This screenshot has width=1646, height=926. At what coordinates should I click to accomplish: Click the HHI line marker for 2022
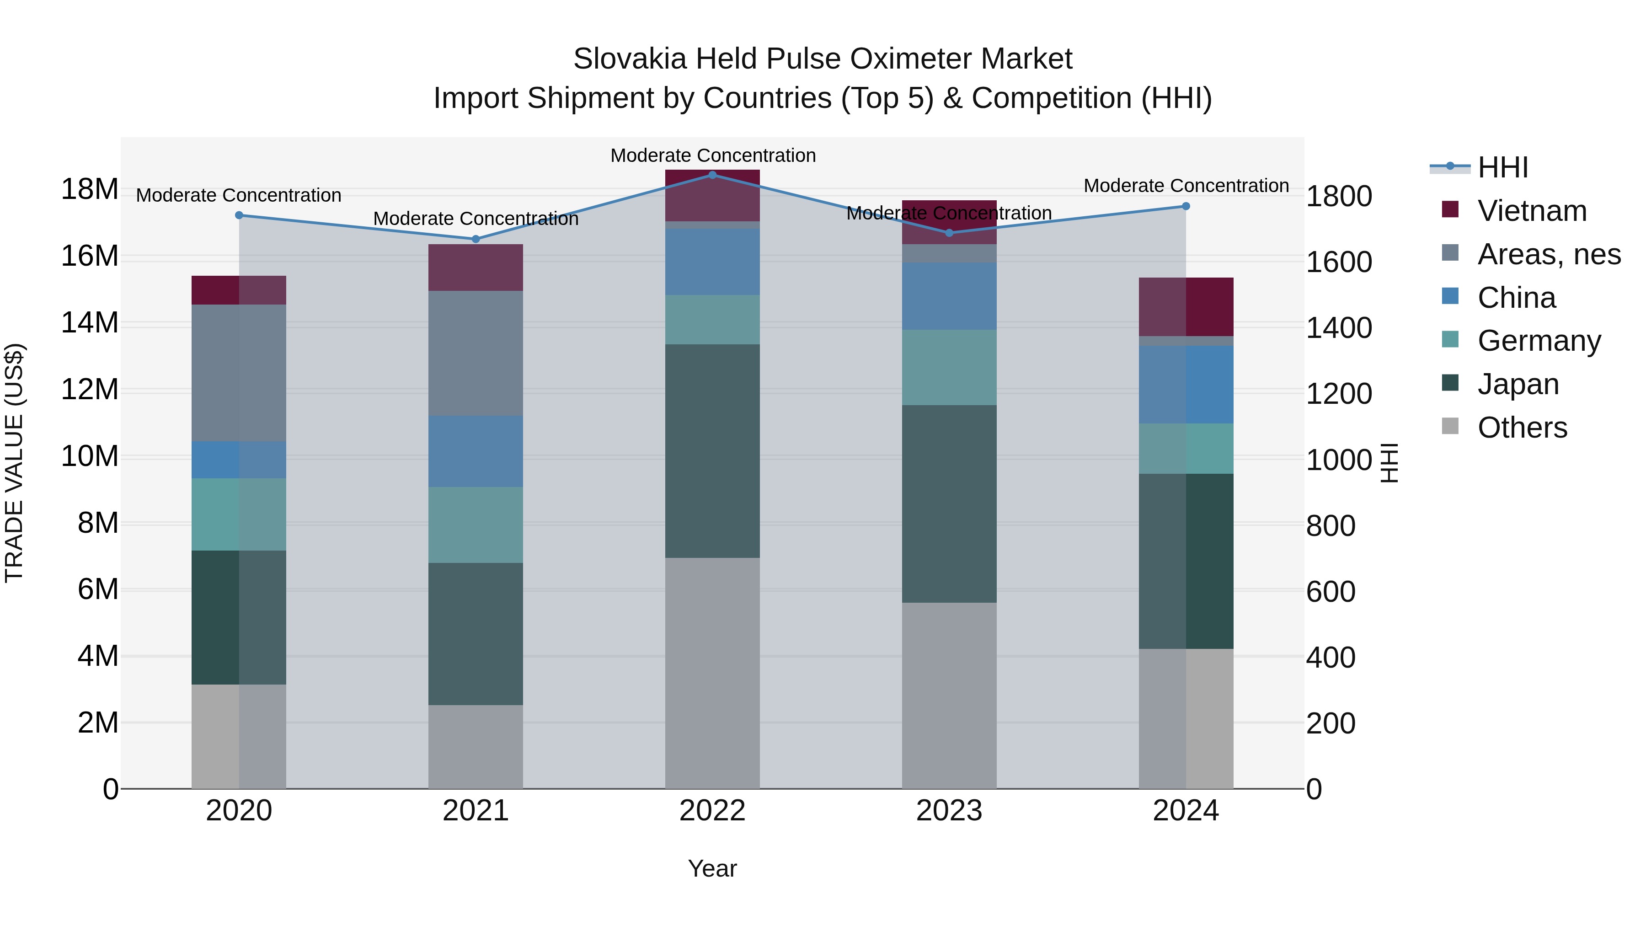click(712, 175)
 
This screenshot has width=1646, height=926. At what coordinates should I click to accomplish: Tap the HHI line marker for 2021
click(476, 239)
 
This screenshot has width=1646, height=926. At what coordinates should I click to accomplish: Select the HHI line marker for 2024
click(1186, 206)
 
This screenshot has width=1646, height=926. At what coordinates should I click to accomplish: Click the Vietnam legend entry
click(1532, 211)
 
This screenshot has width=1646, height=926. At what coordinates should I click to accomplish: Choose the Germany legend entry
click(1539, 341)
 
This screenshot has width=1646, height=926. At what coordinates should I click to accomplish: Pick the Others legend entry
click(1522, 428)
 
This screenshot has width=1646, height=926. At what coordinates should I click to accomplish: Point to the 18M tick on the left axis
click(90, 189)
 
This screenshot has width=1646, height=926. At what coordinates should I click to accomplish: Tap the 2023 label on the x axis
click(949, 811)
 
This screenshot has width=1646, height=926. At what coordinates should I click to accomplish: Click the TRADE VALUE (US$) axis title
click(14, 463)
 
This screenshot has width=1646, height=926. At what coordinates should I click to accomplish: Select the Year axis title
click(712, 868)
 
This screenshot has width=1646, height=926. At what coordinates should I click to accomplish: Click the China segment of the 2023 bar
click(949, 296)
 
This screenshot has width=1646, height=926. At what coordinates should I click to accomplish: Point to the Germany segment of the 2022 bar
click(712, 320)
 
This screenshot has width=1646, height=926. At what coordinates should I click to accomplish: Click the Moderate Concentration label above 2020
click(238, 195)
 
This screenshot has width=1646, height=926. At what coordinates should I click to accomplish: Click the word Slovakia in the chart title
click(630, 59)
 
